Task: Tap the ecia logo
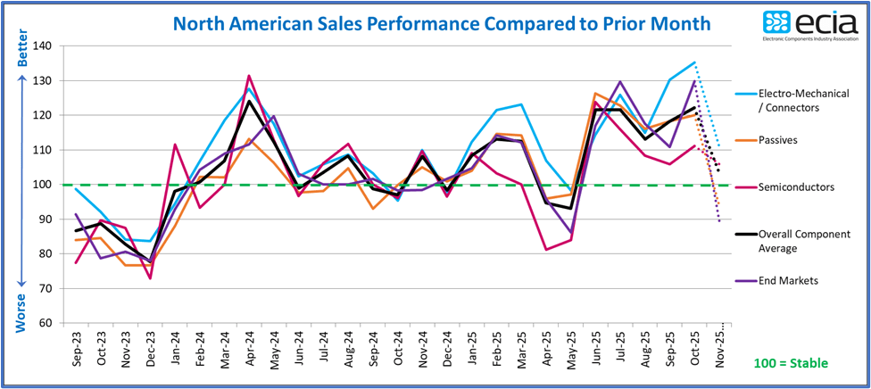pos(810,25)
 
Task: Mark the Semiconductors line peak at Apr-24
pos(249,76)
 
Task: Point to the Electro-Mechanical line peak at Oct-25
pos(694,62)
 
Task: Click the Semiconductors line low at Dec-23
pos(151,278)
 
